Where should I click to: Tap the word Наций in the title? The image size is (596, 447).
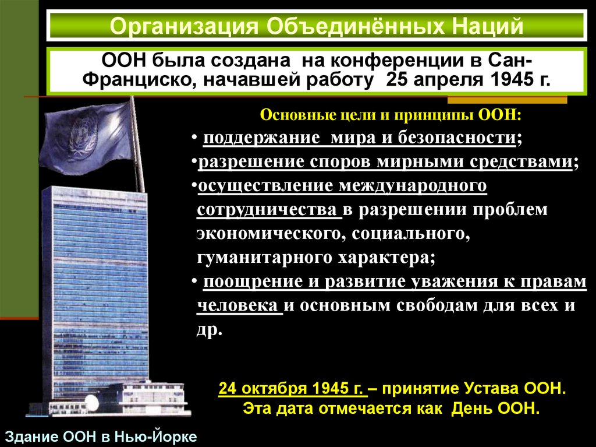pos(481,26)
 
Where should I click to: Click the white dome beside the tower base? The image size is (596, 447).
pos(91,402)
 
